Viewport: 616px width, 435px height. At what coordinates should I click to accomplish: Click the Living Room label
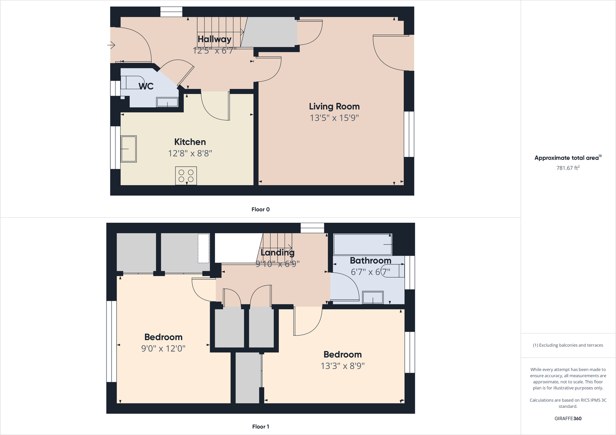tap(334, 107)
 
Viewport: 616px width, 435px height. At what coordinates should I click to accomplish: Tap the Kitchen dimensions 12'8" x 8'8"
tap(190, 153)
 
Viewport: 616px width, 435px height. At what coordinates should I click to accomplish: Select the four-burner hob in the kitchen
tap(186, 175)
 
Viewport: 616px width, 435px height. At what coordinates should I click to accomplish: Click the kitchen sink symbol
tap(129, 149)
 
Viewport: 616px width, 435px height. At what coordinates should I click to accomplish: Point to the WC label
tap(146, 86)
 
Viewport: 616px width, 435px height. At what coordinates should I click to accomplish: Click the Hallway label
tap(214, 39)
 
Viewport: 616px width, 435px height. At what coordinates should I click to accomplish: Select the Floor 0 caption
tap(260, 210)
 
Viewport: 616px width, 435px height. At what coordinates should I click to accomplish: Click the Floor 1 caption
tap(260, 426)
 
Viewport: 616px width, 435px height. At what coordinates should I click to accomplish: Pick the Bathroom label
tap(370, 261)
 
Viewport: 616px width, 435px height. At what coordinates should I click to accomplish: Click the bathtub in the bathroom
tap(363, 244)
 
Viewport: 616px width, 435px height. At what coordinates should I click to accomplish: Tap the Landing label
tap(277, 253)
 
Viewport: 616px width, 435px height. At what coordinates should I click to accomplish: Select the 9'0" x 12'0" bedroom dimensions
tap(163, 349)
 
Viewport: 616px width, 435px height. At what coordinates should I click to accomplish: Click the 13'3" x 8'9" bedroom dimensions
tap(342, 366)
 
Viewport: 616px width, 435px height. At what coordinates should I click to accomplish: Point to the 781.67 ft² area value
tap(568, 168)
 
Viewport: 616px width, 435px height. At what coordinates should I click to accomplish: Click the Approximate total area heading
tap(568, 158)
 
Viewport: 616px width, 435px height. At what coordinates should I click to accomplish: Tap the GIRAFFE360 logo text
tap(568, 418)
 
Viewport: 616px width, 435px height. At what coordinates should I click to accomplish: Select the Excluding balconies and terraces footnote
tap(568, 345)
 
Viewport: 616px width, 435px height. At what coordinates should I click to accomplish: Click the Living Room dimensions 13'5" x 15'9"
tap(334, 118)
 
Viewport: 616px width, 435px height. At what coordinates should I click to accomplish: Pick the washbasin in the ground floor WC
tap(167, 102)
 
